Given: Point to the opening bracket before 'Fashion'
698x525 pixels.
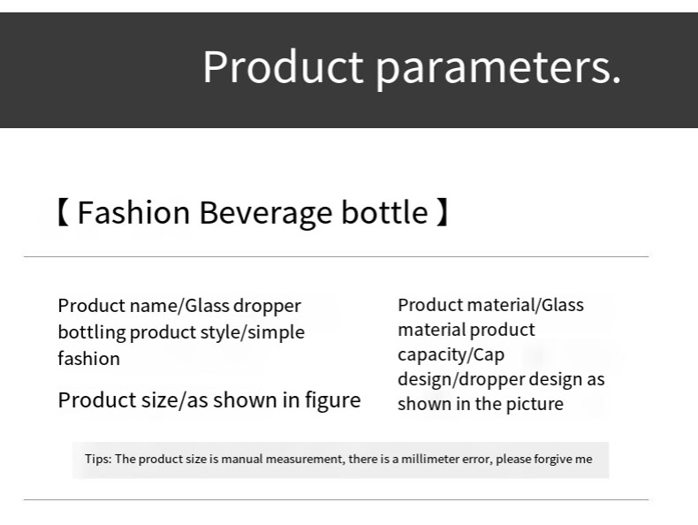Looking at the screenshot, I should [x=63, y=213].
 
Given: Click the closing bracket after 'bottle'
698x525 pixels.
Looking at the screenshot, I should [x=443, y=213].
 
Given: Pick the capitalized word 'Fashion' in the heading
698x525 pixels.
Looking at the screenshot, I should [x=133, y=213].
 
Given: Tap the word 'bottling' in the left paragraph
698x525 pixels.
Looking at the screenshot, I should [x=92, y=332].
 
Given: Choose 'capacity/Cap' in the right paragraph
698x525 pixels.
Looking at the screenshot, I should [x=451, y=354].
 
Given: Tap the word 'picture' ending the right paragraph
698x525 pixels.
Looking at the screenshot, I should [x=535, y=404].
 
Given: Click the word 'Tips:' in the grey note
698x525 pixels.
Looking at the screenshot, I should [x=97, y=459].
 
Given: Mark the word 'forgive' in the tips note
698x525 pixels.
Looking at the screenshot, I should [x=553, y=459].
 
